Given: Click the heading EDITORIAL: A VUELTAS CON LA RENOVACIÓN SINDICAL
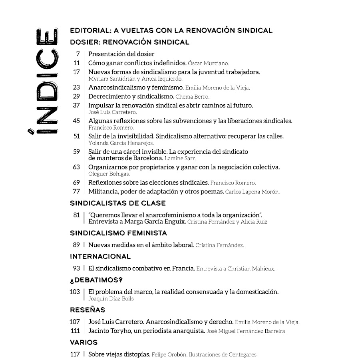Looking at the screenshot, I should pyautogui.click(x=171, y=30).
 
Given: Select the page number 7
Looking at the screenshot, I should pyautogui.click(x=78, y=54).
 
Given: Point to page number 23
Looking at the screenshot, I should pyautogui.click(x=76, y=87).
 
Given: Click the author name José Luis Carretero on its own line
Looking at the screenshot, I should pyautogui.click(x=107, y=112).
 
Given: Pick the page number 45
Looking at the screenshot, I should pyautogui.click(x=76, y=121).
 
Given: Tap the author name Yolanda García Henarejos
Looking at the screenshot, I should pyautogui.click(x=121, y=143).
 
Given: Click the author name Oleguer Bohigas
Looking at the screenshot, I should pyautogui.click(x=109, y=174).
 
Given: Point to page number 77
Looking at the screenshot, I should pyautogui.click(x=76, y=191).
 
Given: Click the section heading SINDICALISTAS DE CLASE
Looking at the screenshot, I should pyautogui.click(x=117, y=203).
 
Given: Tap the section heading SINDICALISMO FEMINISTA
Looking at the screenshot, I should pyautogui.click(x=118, y=233).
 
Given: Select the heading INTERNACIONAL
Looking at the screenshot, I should pyautogui.click(x=100, y=257).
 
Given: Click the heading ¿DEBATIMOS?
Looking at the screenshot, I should pyautogui.click(x=96, y=280).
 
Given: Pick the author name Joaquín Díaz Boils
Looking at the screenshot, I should pyautogui.click(x=111, y=298).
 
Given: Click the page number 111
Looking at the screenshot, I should pyautogui.click(x=75, y=331).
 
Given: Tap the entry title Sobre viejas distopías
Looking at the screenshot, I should pyautogui.click(x=119, y=354).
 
